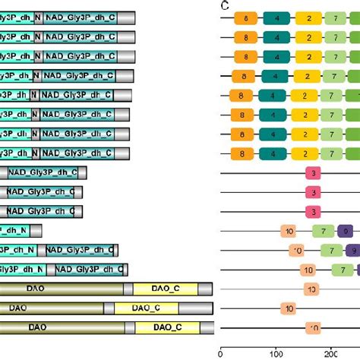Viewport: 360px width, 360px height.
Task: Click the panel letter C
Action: pyautogui.click(x=226, y=5)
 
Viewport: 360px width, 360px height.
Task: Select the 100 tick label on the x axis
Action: pyautogui.click(x=276, y=352)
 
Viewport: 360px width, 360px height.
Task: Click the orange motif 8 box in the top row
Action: pyautogui.click(x=245, y=17)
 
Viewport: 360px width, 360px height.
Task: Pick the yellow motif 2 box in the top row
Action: pyautogui.click(x=308, y=17)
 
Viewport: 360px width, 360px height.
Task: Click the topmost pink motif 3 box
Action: pyautogui.click(x=314, y=173)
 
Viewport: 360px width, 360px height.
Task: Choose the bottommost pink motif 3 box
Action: pyautogui.click(x=314, y=212)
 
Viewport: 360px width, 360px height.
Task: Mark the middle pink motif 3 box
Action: pyautogui.click(x=314, y=193)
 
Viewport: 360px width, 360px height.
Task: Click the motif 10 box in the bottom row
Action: pyautogui.click(x=314, y=327)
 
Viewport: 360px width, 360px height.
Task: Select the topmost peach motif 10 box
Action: pyautogui.click(x=289, y=231)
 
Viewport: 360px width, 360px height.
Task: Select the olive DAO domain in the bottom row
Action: pyautogui.click(x=61, y=327)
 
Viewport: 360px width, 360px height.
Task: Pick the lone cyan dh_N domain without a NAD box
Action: pyautogui.click(x=18, y=230)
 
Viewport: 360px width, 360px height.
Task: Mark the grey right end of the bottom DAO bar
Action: pyautogui.click(x=204, y=327)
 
